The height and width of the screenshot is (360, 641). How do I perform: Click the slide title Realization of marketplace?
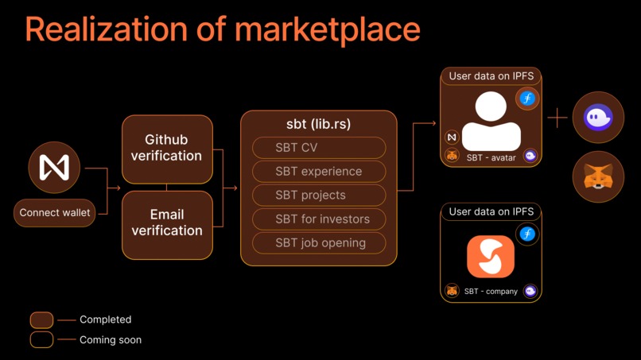223,29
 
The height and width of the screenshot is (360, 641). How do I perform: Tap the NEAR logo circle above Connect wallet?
54,168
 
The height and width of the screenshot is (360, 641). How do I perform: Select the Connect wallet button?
55,213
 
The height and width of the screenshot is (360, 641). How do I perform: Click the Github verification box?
167,149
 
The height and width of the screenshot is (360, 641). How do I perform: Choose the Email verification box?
167,223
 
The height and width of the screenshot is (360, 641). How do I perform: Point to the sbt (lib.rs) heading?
318,124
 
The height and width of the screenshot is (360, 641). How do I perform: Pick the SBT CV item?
319,148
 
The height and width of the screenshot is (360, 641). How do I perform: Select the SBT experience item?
319,172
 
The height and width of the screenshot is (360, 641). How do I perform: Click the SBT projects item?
319,195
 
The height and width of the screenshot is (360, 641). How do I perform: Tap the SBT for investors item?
319,219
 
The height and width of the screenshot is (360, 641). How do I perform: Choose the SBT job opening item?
319,243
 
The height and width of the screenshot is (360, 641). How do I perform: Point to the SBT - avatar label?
491,157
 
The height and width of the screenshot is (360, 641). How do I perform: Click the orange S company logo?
491,256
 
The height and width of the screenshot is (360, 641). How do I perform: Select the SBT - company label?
491,292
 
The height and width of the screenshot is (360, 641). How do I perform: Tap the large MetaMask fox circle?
598,176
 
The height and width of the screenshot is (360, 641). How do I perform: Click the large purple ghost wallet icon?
598,118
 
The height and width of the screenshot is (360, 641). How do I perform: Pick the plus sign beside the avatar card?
557,118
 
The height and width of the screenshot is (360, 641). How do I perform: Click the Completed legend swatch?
41,319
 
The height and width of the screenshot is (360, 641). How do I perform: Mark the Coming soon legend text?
111,340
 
